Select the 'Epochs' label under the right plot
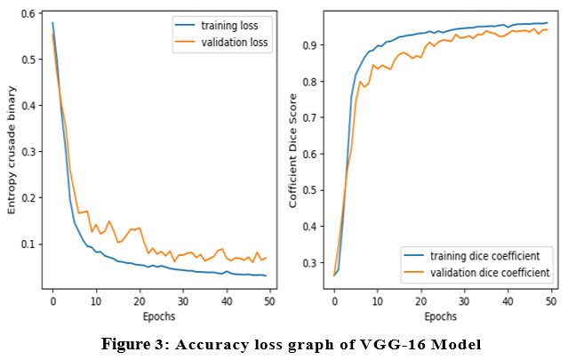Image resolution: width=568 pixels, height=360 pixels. pyautogui.click(x=442, y=316)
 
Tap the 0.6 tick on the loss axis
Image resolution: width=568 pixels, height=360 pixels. pyautogui.click(x=29, y=13)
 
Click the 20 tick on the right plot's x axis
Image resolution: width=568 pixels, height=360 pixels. pyautogui.click(x=421, y=300)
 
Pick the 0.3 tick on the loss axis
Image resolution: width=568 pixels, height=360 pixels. pyautogui.click(x=29, y=152)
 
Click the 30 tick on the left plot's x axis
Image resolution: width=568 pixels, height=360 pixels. pyautogui.click(x=182, y=300)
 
